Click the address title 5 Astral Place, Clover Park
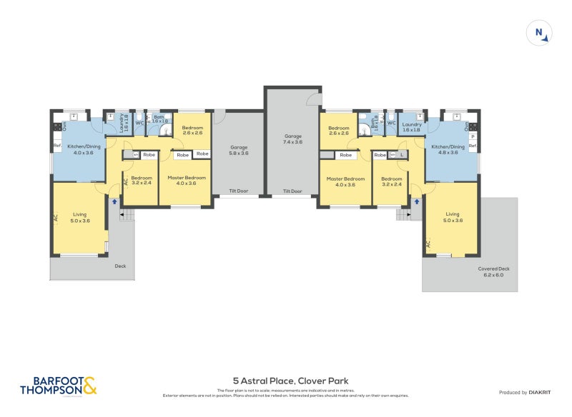pos(290,381)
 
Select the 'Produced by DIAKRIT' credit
pos(528,392)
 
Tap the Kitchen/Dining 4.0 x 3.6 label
pos(80,149)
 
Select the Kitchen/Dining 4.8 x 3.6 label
pos(448,149)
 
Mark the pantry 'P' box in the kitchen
pos(473,136)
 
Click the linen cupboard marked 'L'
pos(401,154)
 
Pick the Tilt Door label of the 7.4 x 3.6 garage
pos(292,191)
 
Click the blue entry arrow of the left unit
pos(114,202)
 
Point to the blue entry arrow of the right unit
pos(416,202)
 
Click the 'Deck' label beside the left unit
pos(120,266)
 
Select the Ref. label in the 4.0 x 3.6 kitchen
pos(57,146)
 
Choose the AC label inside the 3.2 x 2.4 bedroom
pos(126,181)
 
